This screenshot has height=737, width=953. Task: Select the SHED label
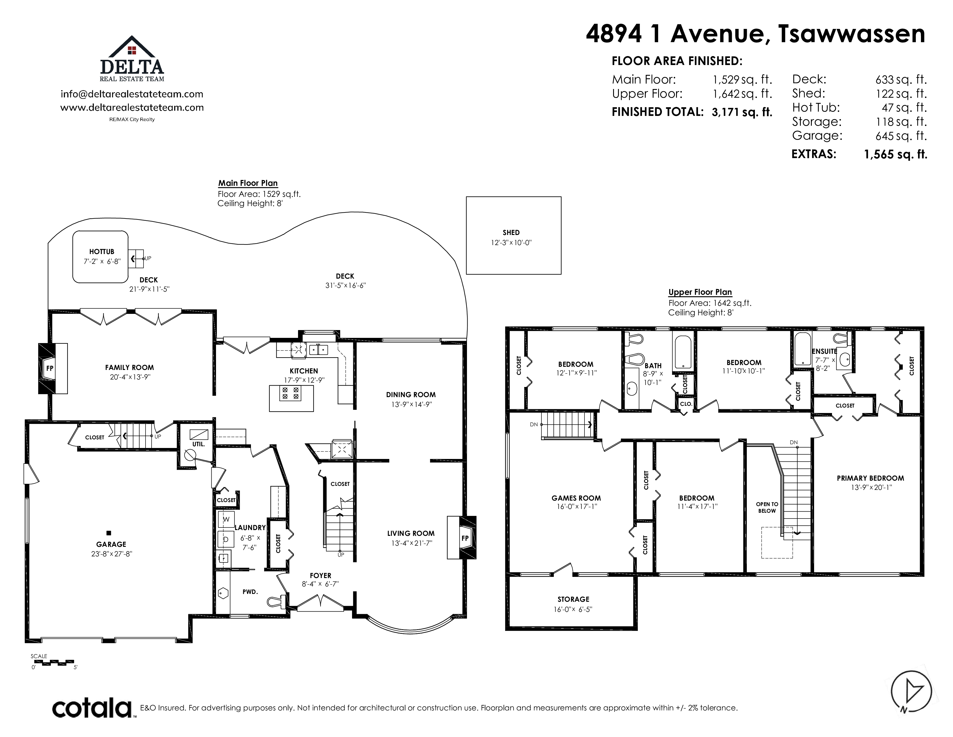point(511,233)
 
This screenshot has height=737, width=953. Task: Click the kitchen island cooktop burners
point(291,393)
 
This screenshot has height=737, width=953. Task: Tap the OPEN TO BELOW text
point(767,507)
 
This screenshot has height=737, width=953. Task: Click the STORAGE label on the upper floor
point(573,599)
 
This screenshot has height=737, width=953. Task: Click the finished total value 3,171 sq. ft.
point(742,112)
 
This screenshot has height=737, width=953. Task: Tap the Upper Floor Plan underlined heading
point(700,292)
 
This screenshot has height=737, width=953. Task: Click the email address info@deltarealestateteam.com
point(132,94)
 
